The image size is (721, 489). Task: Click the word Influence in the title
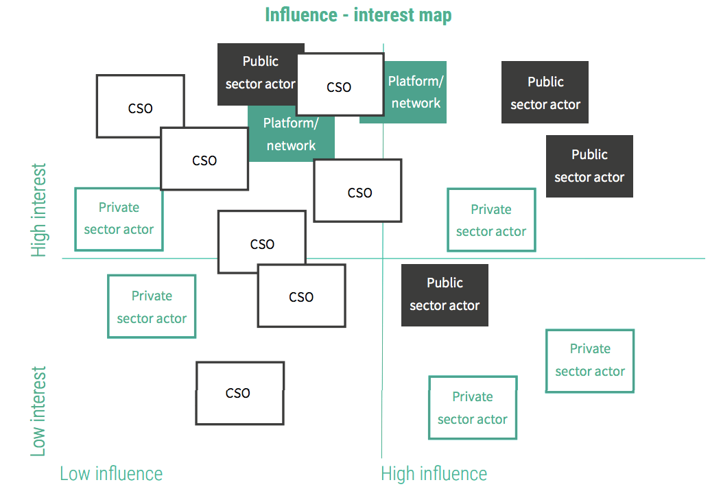pos(301,14)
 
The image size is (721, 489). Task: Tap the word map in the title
pos(435,16)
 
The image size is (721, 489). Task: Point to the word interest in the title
pos(384,14)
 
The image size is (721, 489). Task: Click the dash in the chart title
pos(345,16)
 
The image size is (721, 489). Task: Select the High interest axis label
pos(38,210)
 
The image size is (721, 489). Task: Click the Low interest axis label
pos(38,412)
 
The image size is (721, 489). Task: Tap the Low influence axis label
pos(111,473)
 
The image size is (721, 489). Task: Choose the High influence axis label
pos(434,473)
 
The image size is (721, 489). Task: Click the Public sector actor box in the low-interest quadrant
pos(445,295)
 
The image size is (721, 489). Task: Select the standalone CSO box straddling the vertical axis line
pos(357,191)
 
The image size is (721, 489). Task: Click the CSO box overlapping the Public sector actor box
pos(340,84)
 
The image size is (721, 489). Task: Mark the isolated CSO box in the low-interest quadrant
pos(240,393)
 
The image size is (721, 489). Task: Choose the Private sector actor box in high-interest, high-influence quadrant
pos(492,219)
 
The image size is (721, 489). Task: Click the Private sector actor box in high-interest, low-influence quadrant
pos(119,219)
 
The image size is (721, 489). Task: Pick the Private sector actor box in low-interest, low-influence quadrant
pos(152,307)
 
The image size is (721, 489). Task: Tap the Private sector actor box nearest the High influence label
pos(473,407)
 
